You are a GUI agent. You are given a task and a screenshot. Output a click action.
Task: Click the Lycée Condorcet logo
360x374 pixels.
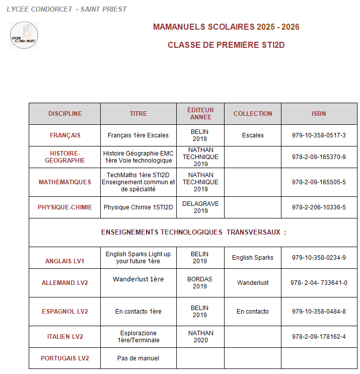24,35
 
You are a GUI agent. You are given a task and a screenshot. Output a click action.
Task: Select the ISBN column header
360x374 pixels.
319,114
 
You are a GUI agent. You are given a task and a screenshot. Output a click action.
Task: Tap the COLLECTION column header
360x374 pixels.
253,114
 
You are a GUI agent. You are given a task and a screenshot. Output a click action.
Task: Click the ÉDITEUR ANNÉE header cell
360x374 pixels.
200,114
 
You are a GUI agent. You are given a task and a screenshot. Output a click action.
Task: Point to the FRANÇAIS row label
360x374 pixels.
65,135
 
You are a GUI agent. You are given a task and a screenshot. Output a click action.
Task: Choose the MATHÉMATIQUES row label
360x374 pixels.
65,182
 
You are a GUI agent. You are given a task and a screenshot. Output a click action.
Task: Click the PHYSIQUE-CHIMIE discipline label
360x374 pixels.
65,207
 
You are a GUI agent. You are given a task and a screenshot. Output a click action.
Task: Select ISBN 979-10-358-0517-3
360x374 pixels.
319,135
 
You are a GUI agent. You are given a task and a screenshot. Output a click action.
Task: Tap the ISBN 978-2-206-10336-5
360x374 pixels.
319,207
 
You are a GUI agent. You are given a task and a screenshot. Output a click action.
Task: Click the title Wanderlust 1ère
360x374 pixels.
138,279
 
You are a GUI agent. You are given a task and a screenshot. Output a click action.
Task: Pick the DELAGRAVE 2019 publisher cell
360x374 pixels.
200,207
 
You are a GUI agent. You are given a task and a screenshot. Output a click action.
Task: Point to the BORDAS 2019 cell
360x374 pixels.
200,282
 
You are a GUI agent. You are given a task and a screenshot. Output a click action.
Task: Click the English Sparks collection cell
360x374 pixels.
253,258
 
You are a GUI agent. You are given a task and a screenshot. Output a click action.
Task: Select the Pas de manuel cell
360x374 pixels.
138,358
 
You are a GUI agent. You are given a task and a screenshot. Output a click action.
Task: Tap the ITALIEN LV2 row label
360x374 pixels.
65,337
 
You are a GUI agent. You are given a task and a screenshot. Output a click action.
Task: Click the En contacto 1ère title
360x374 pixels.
138,312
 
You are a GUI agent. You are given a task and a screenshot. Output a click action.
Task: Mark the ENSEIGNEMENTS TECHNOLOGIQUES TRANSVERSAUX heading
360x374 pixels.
193,233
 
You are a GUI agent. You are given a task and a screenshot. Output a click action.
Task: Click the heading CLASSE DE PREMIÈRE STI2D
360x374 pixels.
226,45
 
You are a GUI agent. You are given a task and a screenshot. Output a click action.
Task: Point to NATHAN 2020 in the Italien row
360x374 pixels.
200,336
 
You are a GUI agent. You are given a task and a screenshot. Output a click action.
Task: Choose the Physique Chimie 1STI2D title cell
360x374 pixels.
138,207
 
